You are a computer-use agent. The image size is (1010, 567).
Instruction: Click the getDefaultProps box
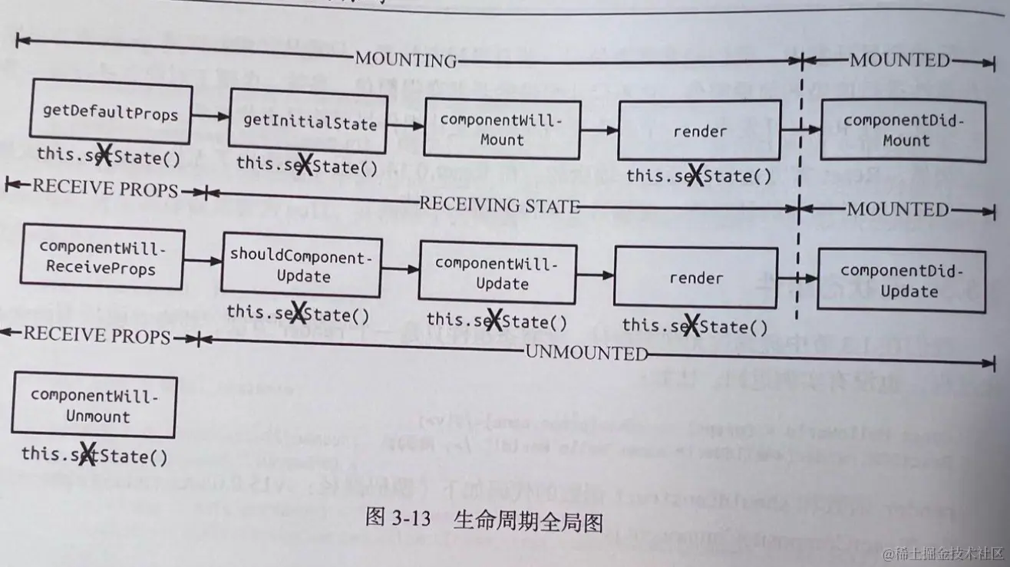pyautogui.click(x=111, y=114)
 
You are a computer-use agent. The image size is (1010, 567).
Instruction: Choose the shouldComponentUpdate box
pyautogui.click(x=302, y=266)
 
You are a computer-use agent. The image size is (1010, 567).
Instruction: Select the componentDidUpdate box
pyautogui.click(x=903, y=280)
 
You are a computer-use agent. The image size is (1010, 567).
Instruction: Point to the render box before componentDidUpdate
pyautogui.click(x=695, y=279)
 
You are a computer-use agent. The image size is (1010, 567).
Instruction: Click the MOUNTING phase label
pyautogui.click(x=405, y=60)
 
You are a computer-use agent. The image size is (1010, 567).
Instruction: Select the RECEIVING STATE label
pyautogui.click(x=499, y=205)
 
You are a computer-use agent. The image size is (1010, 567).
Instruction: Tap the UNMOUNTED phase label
pyautogui.click(x=586, y=353)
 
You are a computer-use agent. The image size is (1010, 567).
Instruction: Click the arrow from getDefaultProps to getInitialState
pyautogui.click(x=210, y=116)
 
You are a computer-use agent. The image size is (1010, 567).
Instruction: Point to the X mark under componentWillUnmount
pyautogui.click(x=87, y=454)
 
